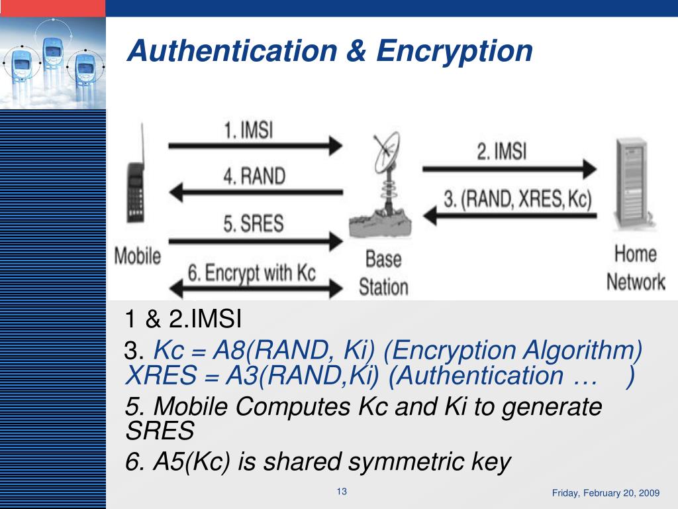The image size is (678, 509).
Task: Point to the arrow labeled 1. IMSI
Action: (x=255, y=145)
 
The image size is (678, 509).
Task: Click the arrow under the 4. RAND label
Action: (x=255, y=193)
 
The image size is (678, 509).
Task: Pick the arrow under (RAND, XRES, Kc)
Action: (x=510, y=214)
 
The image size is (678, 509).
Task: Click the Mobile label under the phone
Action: (x=138, y=256)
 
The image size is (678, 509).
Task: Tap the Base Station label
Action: (x=383, y=272)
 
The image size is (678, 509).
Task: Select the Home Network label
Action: (x=635, y=268)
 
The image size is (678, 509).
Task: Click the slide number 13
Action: (x=342, y=492)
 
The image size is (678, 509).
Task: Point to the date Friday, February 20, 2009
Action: (x=606, y=493)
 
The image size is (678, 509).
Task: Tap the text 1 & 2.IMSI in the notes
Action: (x=183, y=320)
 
